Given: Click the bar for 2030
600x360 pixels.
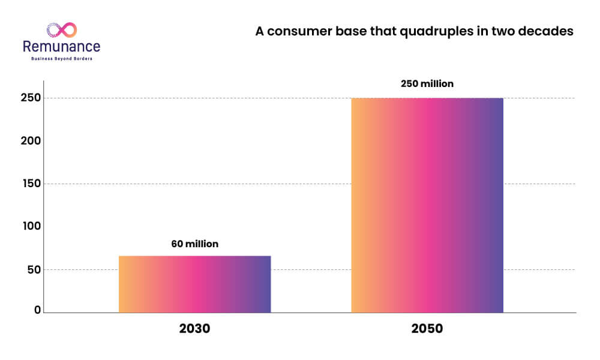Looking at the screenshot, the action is point(195,284).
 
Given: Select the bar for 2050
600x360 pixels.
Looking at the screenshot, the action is point(427,205).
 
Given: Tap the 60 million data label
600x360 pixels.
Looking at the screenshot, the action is point(195,244).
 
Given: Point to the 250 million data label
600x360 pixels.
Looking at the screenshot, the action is point(427,83).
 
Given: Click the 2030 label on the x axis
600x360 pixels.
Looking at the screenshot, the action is point(195,328).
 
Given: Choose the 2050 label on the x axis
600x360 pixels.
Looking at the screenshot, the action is point(427,328).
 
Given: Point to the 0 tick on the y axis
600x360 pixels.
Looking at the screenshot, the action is point(37,310).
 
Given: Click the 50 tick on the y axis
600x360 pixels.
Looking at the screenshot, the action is point(34,270).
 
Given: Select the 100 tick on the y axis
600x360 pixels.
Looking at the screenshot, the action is point(32,226).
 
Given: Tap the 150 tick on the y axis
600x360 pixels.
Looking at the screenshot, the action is point(32,184).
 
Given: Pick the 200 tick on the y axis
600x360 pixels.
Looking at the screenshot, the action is point(31,141).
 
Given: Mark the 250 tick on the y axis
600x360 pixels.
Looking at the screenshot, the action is point(31,98).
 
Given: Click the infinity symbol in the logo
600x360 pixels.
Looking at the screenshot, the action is point(62,30).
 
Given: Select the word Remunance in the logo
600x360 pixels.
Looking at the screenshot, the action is point(62,47).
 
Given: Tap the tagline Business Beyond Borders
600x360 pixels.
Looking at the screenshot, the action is point(62,59).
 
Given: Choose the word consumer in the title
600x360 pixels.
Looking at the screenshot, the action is point(299,31).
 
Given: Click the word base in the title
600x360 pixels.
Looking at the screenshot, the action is point(351,31).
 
